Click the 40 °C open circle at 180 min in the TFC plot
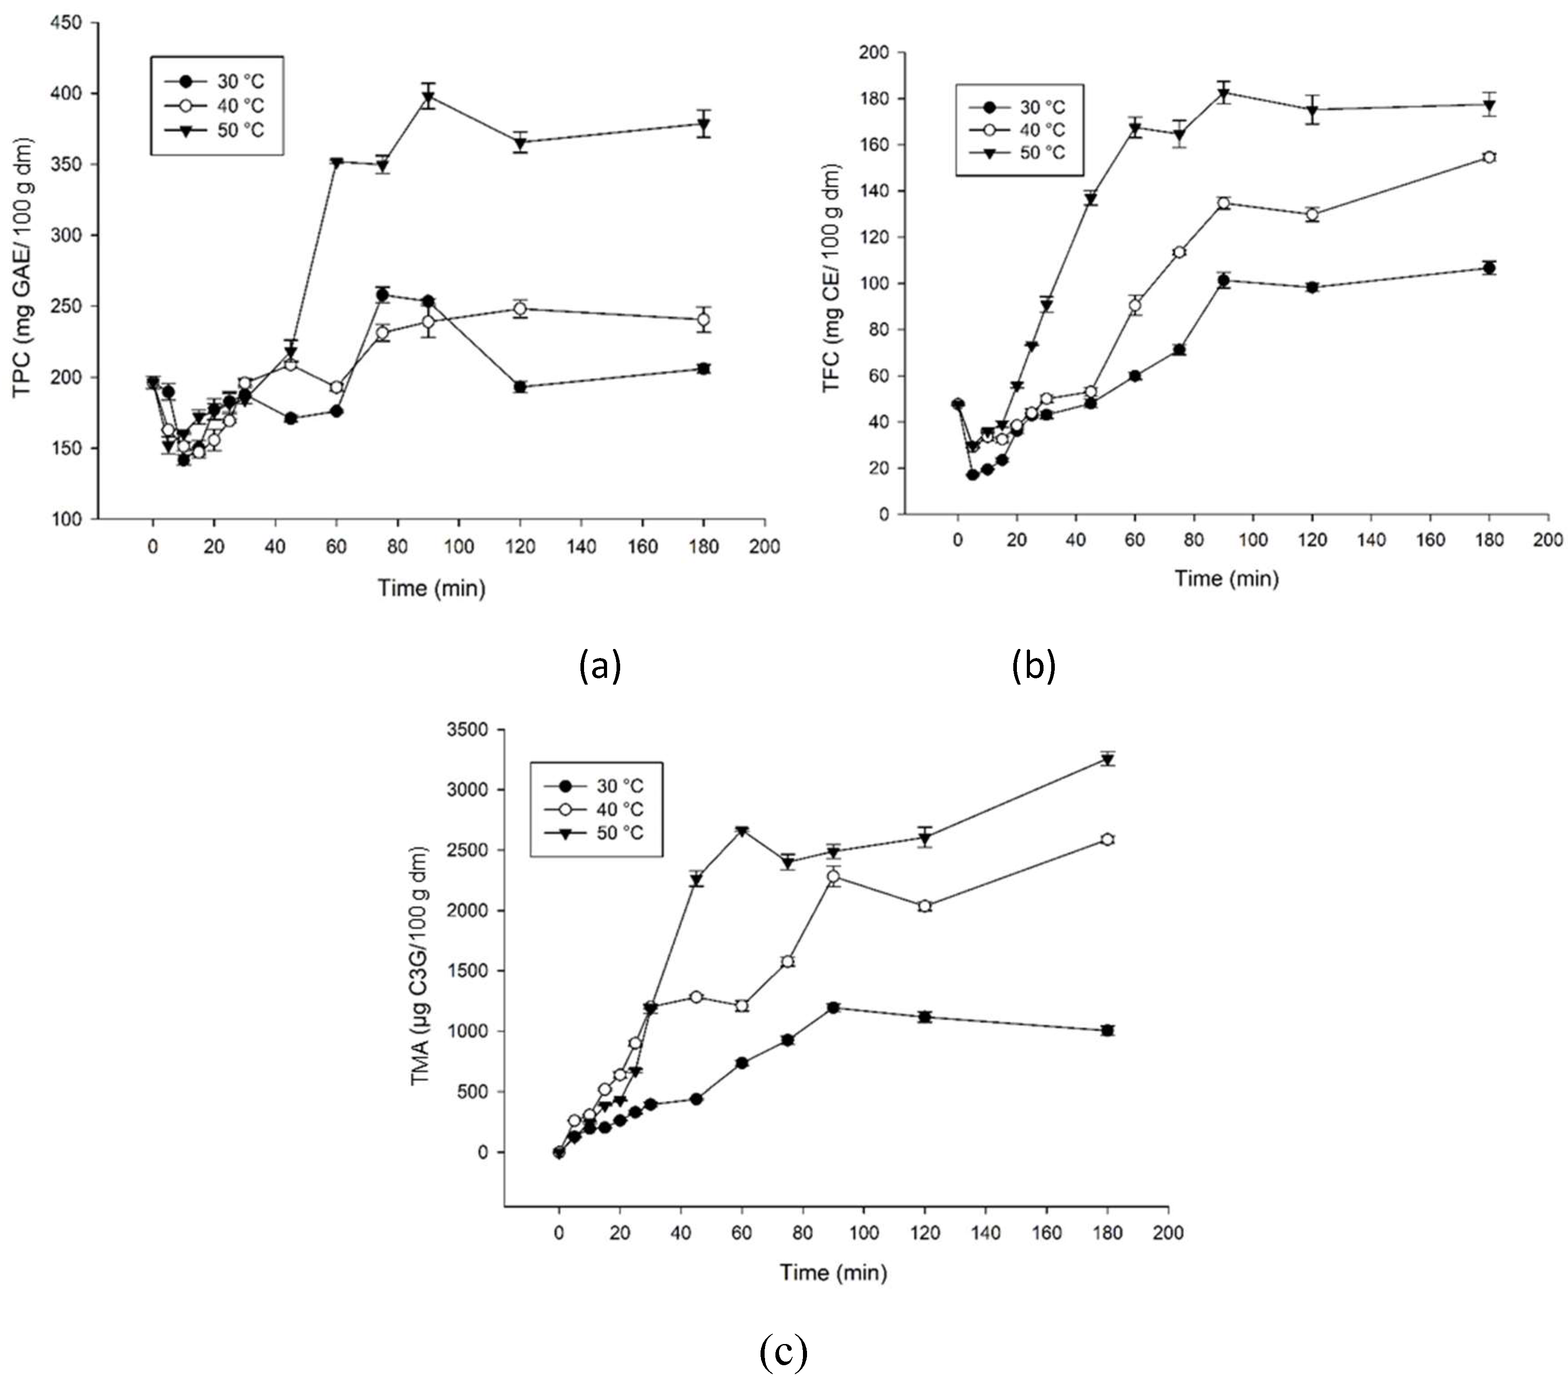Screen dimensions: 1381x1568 pos(1489,157)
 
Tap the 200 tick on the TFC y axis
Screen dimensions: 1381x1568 pos(874,52)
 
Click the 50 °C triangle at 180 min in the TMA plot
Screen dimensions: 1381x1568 pos(1107,760)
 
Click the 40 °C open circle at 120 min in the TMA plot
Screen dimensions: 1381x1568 pos(924,906)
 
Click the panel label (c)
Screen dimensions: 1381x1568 pos(783,1353)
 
